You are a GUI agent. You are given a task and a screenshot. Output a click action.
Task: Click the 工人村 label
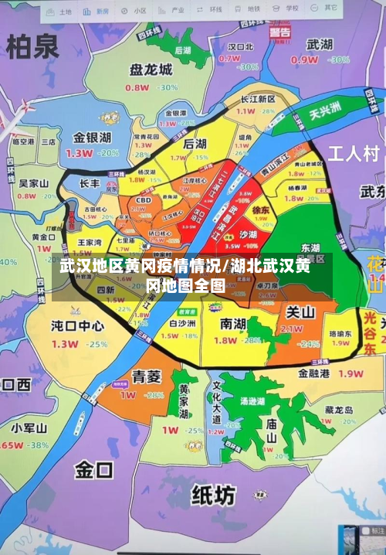tap(353, 152)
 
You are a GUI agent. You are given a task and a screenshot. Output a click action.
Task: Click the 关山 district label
tap(300, 312)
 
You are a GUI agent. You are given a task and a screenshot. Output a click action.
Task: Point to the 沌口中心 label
tap(77, 325)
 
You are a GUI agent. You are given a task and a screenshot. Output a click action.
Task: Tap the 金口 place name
tap(93, 468)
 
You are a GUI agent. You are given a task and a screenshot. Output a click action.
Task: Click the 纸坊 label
tap(213, 495)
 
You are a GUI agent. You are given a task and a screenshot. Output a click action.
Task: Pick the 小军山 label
tap(30, 427)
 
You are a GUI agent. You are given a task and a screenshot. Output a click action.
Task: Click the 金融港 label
tap(314, 373)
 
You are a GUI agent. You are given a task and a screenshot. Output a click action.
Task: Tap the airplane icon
tap(12, 116)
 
